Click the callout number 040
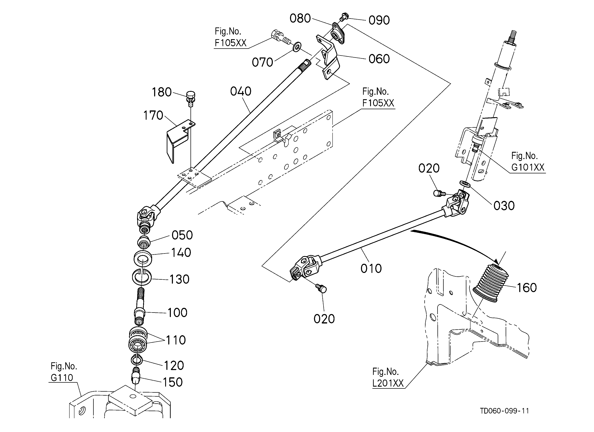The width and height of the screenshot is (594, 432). [x=241, y=92]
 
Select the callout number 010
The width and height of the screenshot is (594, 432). [x=371, y=269]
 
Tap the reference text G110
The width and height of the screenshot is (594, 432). [x=62, y=378]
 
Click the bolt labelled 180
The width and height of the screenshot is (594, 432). [x=191, y=98]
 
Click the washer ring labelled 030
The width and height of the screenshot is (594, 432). [x=465, y=184]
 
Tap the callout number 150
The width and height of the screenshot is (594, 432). [x=173, y=382]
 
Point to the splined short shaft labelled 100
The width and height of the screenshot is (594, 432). [x=140, y=306]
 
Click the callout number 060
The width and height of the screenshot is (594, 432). [x=379, y=59]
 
